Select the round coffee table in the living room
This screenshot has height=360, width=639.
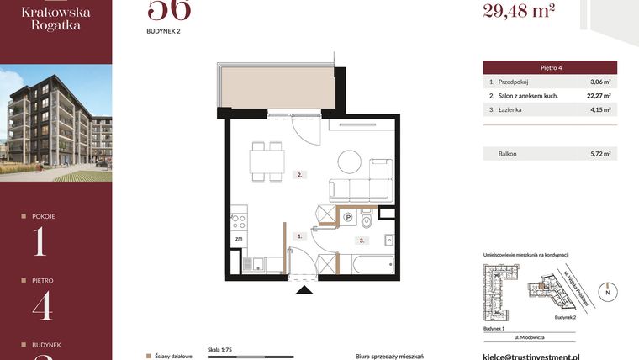pos(348,159)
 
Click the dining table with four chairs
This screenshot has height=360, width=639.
pos(267,161)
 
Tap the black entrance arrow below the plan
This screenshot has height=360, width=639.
pos(304,289)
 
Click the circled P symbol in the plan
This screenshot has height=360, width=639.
pos(347,218)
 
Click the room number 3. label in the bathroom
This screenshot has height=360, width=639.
pos(362,240)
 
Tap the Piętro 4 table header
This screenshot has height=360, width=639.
pos(550,66)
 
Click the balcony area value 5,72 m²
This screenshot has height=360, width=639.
pos(599,154)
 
